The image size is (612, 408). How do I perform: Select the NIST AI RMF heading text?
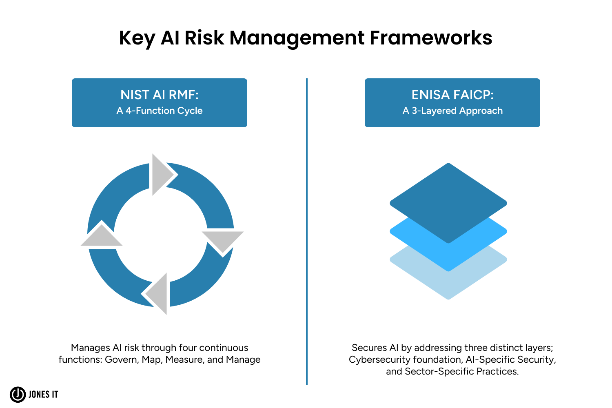[x=160, y=95]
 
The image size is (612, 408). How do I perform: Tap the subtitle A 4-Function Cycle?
[x=160, y=111]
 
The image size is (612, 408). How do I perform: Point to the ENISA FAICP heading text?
[x=452, y=95]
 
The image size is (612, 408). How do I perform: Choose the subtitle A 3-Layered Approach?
[x=452, y=111]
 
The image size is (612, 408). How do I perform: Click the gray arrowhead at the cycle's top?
[x=162, y=175]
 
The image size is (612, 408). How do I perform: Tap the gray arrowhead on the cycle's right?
[x=222, y=241]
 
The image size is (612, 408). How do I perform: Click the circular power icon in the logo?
[x=18, y=395]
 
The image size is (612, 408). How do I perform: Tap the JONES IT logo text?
[x=43, y=395]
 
